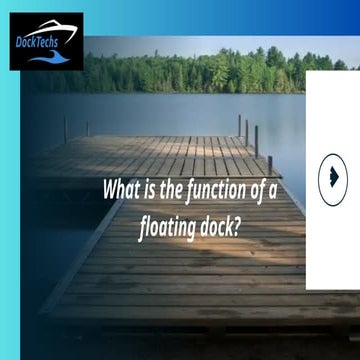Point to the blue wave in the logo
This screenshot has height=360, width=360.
click(x=46, y=58)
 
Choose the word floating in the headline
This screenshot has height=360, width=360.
click(x=166, y=226)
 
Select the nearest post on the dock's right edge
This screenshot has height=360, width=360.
click(x=270, y=164)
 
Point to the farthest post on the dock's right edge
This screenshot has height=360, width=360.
click(x=239, y=125)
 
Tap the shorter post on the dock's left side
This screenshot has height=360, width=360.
click(x=87, y=129)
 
